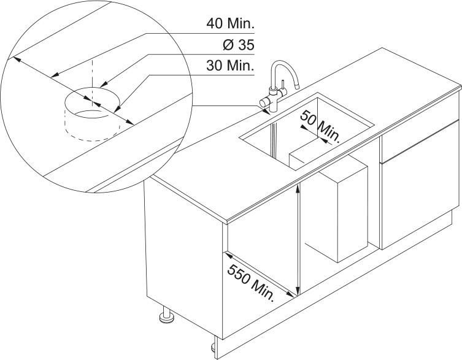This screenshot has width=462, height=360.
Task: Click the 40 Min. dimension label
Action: click(x=230, y=23)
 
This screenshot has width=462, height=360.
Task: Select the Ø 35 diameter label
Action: click(x=239, y=45)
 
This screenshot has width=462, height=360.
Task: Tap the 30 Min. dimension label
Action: click(x=230, y=66)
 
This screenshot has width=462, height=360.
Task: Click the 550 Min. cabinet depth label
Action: click(x=251, y=283)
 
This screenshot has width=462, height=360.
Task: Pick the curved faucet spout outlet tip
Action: click(x=297, y=86)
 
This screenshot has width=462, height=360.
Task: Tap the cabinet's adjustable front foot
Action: click(x=166, y=315)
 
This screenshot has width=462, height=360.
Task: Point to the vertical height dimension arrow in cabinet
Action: click(x=298, y=239)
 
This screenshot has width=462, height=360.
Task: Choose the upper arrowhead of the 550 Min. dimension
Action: click(x=228, y=255)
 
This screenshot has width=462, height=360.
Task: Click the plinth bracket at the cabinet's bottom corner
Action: click(x=216, y=348)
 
